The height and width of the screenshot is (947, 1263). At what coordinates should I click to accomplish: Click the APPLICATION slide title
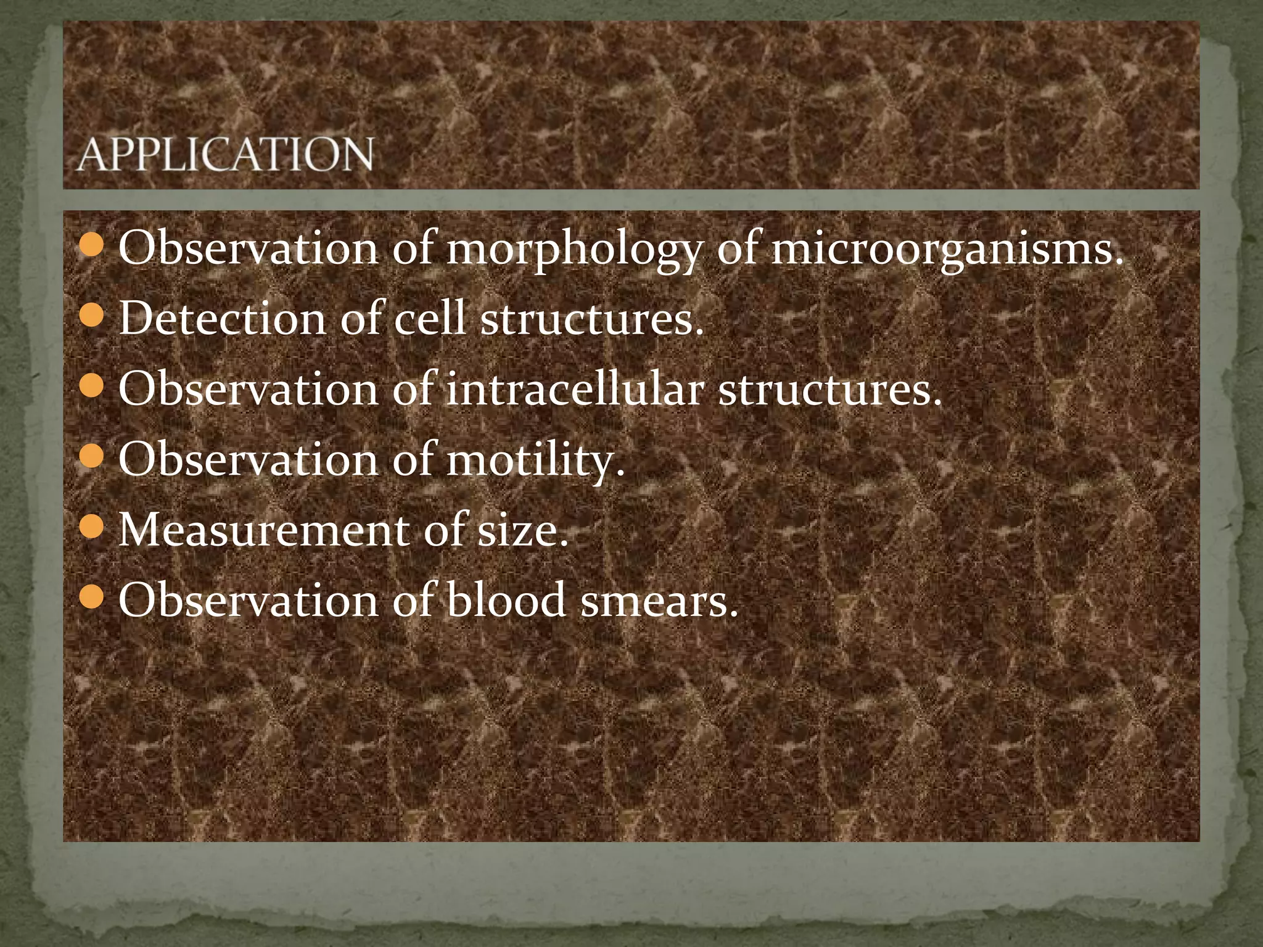[x=226, y=154]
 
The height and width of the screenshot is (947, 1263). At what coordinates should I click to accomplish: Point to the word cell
[x=429, y=319]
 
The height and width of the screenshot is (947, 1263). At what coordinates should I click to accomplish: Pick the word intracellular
[x=574, y=390]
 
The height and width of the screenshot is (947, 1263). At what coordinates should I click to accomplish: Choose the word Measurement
[x=263, y=530]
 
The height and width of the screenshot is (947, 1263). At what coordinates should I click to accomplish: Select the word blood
[x=506, y=601]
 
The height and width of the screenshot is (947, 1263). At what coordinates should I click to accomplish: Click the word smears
[x=659, y=601]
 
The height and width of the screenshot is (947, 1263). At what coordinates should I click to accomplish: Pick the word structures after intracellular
[x=830, y=390]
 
